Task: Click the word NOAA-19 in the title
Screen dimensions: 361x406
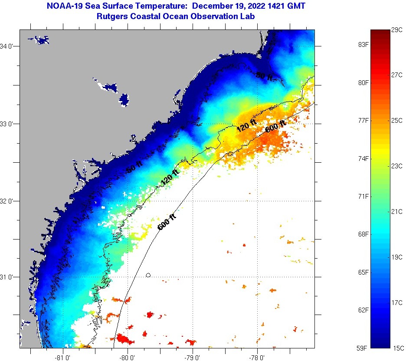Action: [60, 7]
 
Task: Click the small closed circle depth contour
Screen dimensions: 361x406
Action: [148, 275]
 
